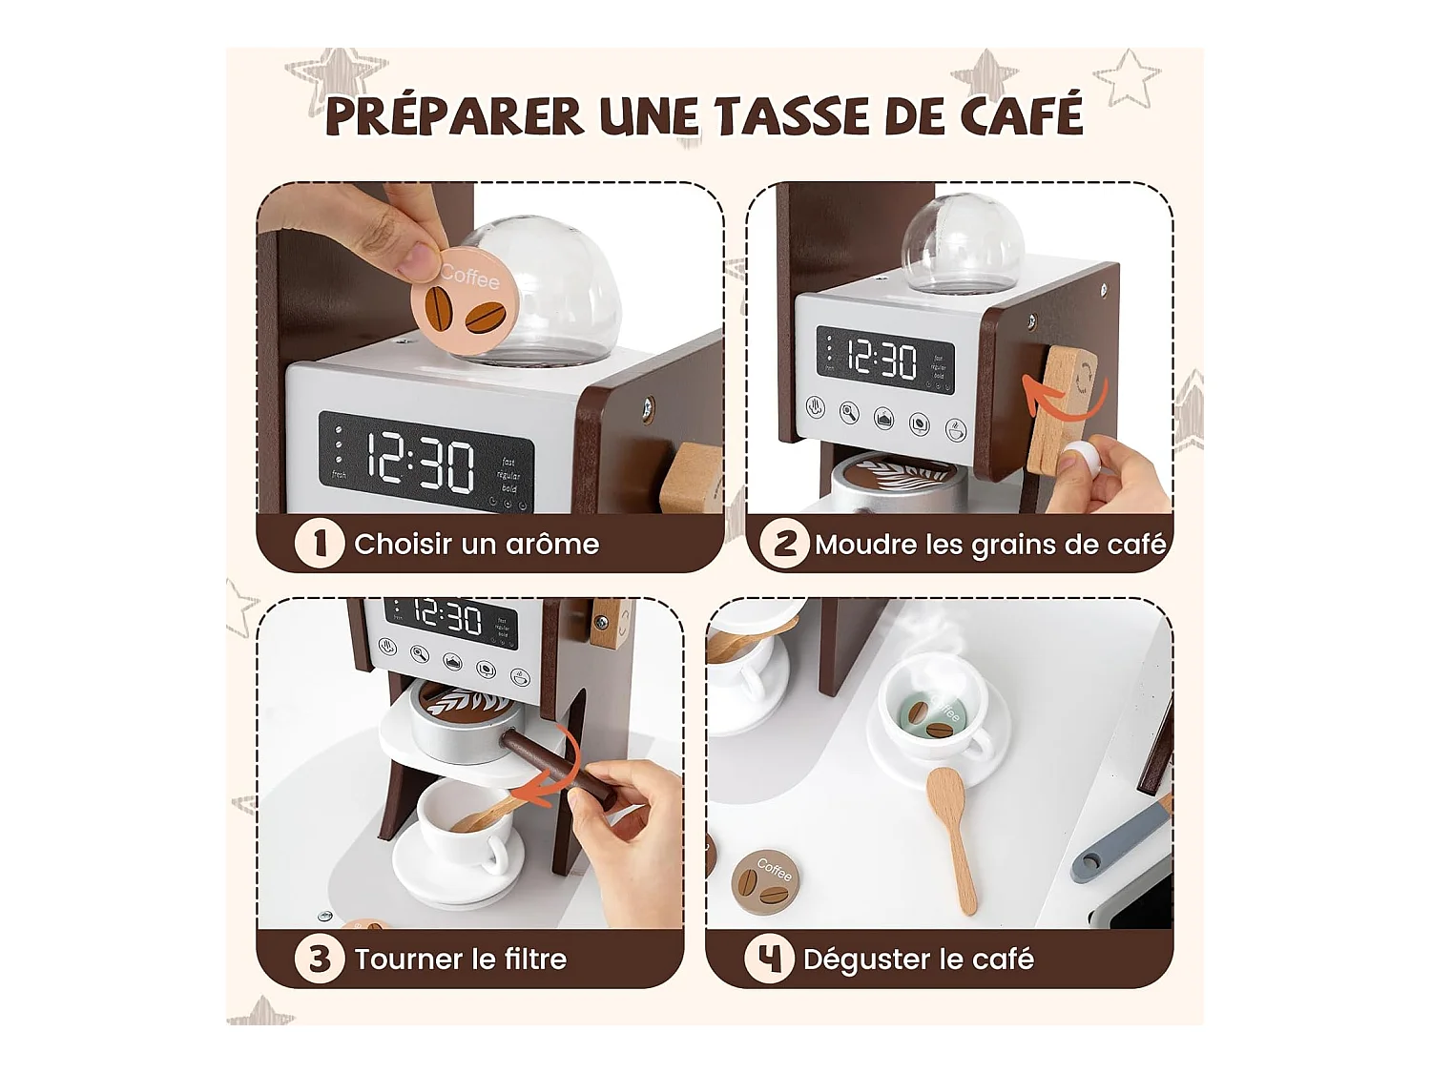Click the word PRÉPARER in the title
(x=454, y=116)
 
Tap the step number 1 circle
(x=319, y=544)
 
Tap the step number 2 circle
(x=784, y=544)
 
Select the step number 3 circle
(x=319, y=959)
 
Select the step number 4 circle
(x=769, y=959)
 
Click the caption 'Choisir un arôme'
(x=476, y=545)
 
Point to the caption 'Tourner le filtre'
(x=460, y=959)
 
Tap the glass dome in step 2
(x=963, y=244)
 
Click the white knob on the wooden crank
(x=1080, y=460)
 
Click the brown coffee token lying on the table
(x=765, y=882)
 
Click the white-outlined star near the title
(x=1128, y=77)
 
